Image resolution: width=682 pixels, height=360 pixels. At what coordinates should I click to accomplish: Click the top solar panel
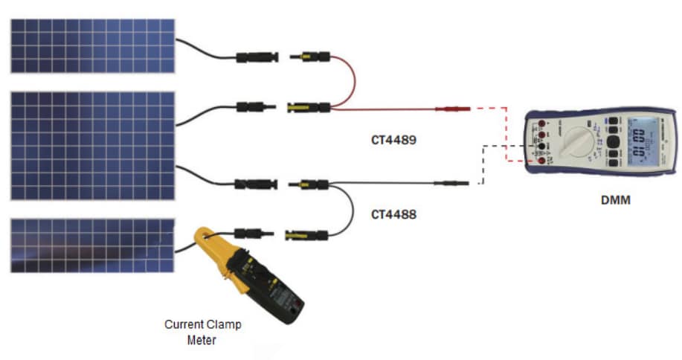(x=92, y=45)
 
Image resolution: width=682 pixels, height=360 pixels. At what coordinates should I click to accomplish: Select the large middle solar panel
(x=92, y=145)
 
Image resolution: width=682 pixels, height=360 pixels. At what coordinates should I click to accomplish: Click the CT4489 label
(x=393, y=139)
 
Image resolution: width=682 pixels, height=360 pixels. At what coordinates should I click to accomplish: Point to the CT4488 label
(x=393, y=214)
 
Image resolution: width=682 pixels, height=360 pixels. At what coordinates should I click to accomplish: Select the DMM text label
(x=615, y=199)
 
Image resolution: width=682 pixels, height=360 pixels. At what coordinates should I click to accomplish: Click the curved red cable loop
(x=350, y=78)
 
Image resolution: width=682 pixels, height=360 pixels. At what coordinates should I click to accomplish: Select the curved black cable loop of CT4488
(x=350, y=212)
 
